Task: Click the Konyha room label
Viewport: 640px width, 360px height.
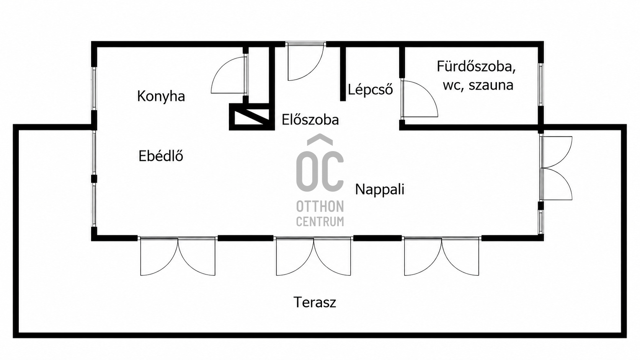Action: pos(161,96)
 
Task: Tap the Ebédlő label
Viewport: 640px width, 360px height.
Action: pos(161,156)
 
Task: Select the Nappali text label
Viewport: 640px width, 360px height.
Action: pos(380,189)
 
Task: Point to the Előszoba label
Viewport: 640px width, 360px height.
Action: pos(310,120)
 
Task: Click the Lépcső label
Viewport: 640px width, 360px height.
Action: pos(370,90)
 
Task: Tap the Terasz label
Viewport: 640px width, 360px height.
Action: pos(315,302)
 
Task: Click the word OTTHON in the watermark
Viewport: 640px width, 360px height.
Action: pos(320,207)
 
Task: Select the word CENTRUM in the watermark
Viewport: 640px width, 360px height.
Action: pos(320,222)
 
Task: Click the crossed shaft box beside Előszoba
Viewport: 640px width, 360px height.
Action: pos(252,117)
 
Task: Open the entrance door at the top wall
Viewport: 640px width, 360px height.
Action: pos(305,61)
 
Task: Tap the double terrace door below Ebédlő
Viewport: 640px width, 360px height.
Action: pos(178,256)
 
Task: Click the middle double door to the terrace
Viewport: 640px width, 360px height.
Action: pos(313,256)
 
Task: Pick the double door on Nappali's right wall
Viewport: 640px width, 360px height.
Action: pos(556,168)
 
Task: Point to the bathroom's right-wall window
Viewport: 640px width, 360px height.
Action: pos(540,85)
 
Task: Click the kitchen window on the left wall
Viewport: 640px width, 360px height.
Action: pos(94,88)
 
